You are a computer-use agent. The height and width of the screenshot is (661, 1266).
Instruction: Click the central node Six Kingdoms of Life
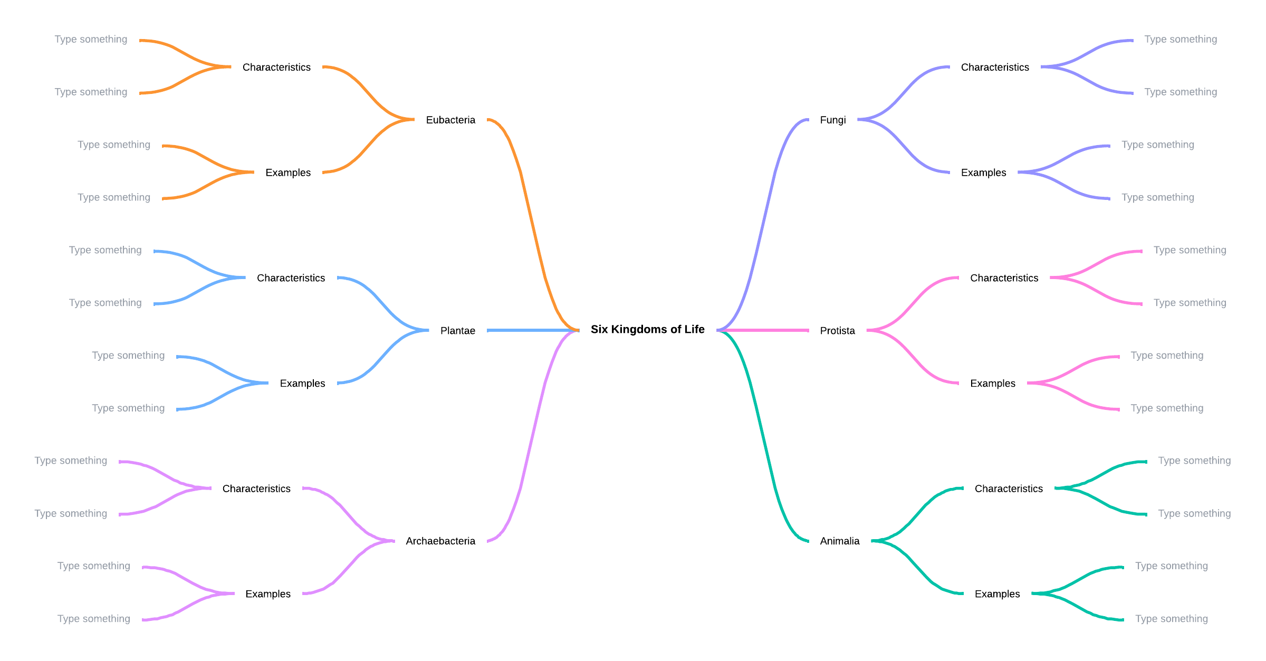[647, 330]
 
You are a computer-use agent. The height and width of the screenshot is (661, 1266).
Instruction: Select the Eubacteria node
[450, 120]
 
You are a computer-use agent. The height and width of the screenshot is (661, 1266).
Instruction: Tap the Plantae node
[458, 331]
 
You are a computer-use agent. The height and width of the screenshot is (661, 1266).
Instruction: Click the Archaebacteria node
[440, 541]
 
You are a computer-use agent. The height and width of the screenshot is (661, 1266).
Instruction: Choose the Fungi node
[833, 120]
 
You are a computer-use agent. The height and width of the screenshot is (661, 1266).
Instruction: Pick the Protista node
[838, 331]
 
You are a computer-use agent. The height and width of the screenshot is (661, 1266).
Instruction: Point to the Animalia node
[840, 541]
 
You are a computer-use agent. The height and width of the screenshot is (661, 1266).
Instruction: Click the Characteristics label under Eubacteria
[276, 68]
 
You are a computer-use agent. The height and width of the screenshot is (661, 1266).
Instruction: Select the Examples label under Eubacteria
[288, 173]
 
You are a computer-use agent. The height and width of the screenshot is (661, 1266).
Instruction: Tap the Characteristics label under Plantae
[291, 278]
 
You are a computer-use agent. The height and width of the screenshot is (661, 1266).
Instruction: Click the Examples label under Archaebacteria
[268, 594]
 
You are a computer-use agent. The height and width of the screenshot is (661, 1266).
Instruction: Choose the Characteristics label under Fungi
[995, 68]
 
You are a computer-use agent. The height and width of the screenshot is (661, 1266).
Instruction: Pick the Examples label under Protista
[993, 384]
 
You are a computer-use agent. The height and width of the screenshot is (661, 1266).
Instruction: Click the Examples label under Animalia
[998, 594]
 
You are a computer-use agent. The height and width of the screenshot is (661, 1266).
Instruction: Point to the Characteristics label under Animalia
[1009, 489]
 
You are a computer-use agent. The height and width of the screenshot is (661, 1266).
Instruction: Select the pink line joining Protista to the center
[763, 330]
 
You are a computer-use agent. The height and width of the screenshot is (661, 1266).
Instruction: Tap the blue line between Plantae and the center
[533, 330]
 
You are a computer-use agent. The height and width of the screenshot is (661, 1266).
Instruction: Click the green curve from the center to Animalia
[763, 436]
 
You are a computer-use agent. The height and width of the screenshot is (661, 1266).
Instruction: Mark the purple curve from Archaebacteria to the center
[533, 436]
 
